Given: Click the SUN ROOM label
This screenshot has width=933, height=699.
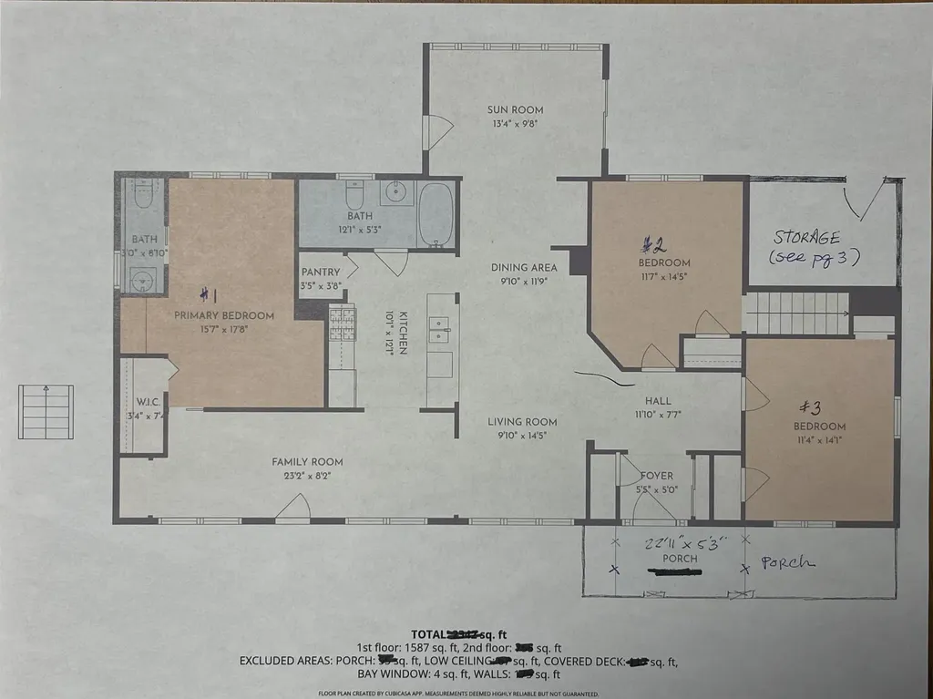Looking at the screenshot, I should tap(515, 109).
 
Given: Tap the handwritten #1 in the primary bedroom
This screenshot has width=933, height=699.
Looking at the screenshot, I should tap(209, 294).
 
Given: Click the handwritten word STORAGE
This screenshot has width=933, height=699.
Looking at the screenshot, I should tap(806, 237).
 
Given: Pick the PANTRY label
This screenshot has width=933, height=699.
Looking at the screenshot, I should tap(321, 272).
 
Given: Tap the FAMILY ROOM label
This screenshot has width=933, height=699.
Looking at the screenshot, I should tap(307, 462).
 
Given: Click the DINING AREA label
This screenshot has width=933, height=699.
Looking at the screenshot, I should tap(524, 268).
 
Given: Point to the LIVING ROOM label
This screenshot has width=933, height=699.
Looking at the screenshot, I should tap(522, 422).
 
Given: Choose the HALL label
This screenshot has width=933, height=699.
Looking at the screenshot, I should tap(657, 400).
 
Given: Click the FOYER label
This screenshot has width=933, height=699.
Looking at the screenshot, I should tap(656, 475).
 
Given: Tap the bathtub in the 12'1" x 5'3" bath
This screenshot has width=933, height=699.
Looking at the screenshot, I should tap(436, 214).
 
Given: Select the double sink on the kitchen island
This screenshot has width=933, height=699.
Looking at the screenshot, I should tap(439, 327).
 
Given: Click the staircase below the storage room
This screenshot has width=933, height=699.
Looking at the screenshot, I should tap(796, 313).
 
